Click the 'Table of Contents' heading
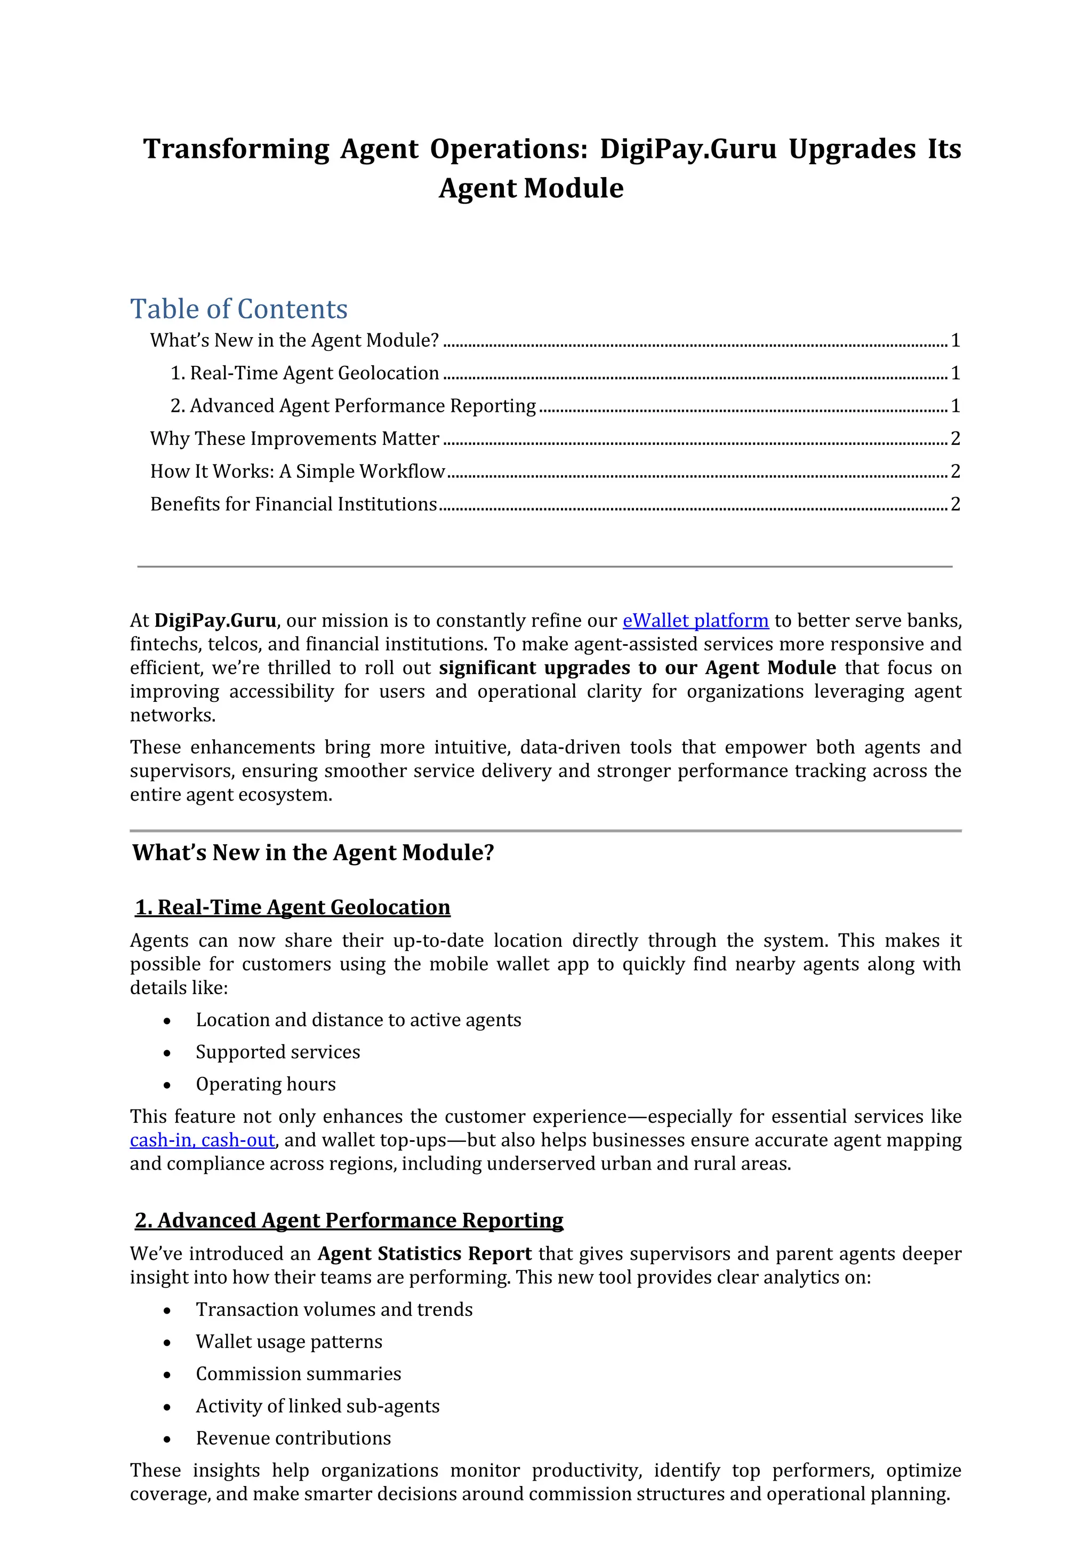(239, 309)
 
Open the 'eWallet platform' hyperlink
(695, 620)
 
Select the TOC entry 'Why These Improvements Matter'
(294, 438)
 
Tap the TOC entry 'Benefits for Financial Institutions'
(294, 505)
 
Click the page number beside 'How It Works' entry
(955, 471)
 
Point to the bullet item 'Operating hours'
(266, 1084)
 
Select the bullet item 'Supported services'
(278, 1052)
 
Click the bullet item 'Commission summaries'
(299, 1373)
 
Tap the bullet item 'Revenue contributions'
(293, 1438)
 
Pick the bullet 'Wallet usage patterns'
(289, 1341)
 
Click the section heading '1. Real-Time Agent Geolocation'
(293, 907)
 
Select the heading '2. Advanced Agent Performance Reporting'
(349, 1220)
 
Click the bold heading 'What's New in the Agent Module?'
(314, 853)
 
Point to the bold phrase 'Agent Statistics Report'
(424, 1254)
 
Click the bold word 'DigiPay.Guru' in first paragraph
(215, 620)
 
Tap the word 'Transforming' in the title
(236, 149)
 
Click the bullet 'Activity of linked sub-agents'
(317, 1406)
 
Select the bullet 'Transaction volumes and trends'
(334, 1309)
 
